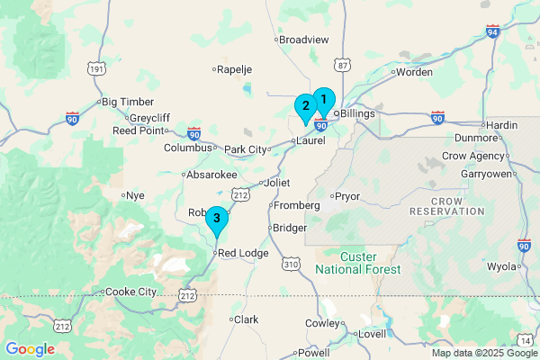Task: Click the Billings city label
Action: coord(357,114)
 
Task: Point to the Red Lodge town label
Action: coord(243,254)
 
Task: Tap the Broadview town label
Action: coord(303,40)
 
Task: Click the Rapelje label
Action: coord(236,68)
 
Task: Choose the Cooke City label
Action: coord(130,292)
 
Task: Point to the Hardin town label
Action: coord(503,125)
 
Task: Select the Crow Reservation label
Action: coord(446,205)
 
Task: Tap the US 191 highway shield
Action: coord(96,68)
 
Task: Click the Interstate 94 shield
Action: coord(492,32)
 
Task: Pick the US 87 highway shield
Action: coord(340,65)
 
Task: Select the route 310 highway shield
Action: coord(289,265)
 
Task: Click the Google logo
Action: coord(30,349)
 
